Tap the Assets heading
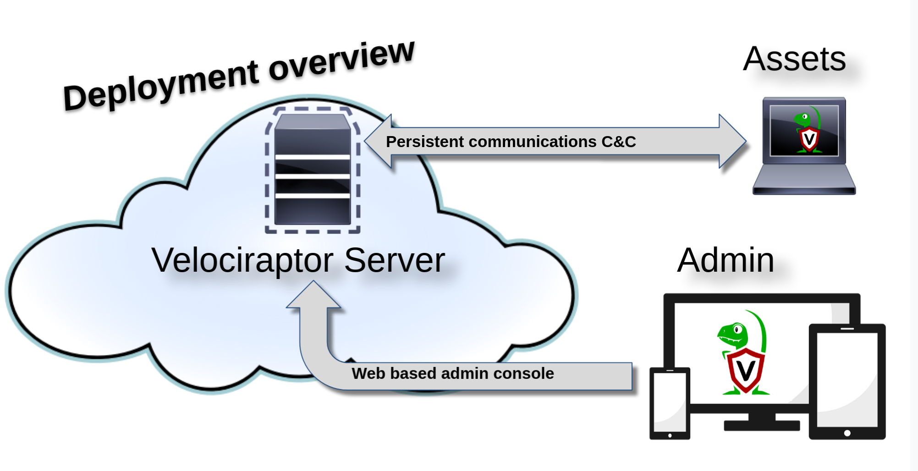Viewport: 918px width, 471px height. point(794,59)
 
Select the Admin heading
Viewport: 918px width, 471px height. point(726,260)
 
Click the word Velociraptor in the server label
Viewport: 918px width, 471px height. point(242,260)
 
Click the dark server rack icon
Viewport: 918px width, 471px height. point(313,170)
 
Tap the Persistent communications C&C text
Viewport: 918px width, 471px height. point(511,142)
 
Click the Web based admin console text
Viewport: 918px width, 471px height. point(452,373)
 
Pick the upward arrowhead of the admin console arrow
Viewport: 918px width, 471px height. point(313,296)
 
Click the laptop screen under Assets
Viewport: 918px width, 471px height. point(804,131)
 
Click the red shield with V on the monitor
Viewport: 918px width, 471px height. point(746,370)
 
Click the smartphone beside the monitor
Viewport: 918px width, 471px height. point(670,403)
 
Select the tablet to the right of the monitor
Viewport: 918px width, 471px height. point(847,380)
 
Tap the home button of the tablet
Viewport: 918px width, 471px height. point(847,433)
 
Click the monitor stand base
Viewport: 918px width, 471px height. point(761,426)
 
